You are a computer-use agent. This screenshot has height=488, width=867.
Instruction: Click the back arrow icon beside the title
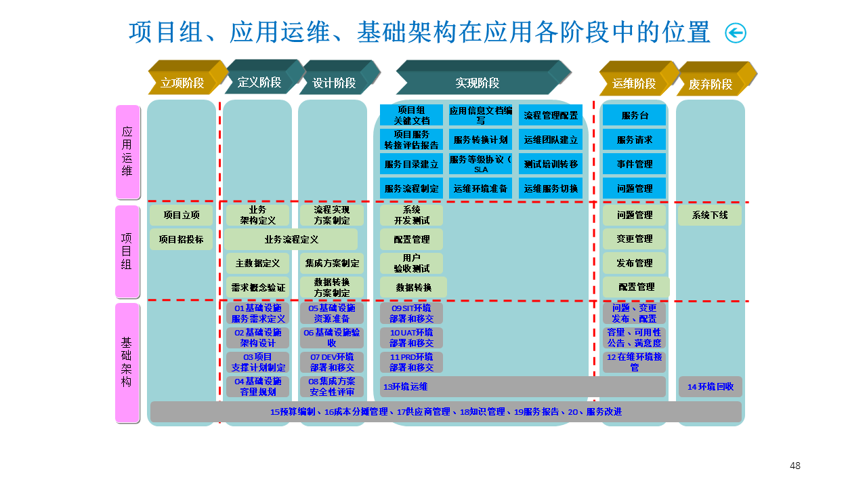(735, 33)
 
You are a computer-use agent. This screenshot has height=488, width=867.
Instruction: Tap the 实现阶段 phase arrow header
(478, 83)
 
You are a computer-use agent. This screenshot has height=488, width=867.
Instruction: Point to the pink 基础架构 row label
(127, 362)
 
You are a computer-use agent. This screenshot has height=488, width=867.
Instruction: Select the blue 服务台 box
(635, 115)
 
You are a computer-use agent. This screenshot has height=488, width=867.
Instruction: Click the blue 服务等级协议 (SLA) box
(481, 164)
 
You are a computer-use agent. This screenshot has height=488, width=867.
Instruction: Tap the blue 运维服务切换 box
(551, 188)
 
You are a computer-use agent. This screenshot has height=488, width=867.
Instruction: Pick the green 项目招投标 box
(181, 239)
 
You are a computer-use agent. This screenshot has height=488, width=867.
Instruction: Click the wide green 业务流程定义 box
(291, 239)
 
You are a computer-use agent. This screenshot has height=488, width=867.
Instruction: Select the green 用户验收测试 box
(411, 263)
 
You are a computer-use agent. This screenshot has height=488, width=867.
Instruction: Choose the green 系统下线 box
(710, 215)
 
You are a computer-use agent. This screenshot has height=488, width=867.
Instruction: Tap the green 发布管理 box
(635, 263)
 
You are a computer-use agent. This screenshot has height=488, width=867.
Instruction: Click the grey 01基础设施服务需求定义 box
(258, 313)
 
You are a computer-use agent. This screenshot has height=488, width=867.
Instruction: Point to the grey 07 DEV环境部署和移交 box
(332, 362)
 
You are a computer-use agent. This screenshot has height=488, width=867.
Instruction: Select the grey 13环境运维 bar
(522, 386)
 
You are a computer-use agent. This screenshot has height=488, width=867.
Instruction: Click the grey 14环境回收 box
(710, 386)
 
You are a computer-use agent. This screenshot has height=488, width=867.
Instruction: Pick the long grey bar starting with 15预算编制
(446, 411)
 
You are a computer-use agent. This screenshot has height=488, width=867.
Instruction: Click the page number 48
(795, 466)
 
